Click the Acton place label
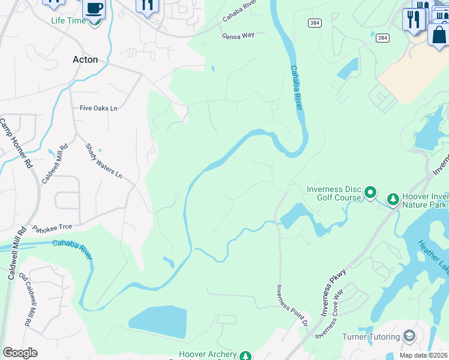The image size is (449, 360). click(x=85, y=59)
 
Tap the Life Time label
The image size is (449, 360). click(x=68, y=20)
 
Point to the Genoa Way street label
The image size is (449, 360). click(x=238, y=35)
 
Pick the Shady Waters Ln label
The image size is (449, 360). click(x=103, y=161)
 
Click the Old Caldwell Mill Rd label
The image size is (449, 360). click(x=28, y=299)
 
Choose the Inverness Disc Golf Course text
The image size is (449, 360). click(x=334, y=193)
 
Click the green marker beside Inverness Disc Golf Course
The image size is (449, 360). click(x=371, y=193)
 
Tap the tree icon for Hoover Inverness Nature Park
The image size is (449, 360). click(x=393, y=199)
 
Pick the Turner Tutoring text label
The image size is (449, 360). click(x=370, y=336)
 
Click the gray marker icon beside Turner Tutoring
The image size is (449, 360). click(x=410, y=335)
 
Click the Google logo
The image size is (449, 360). click(x=20, y=352)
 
